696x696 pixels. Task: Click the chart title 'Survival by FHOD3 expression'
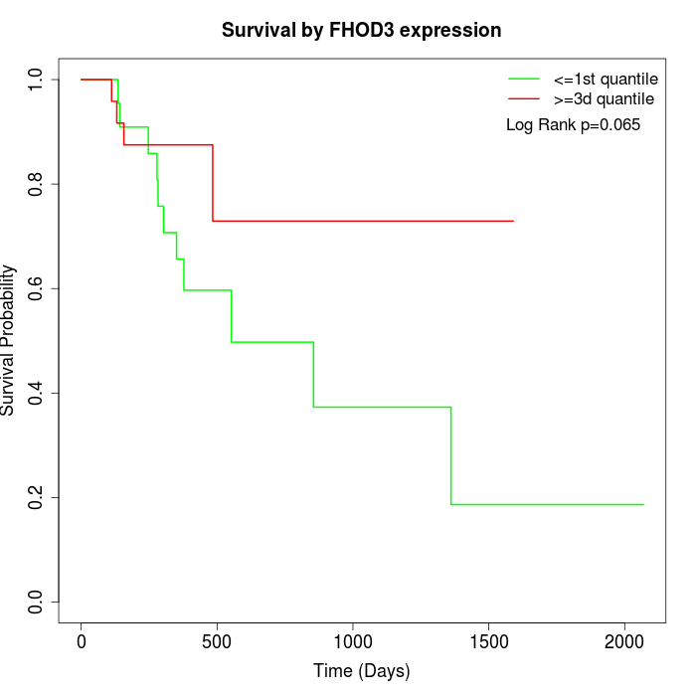tap(361, 31)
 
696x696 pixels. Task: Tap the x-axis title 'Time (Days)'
tap(361, 671)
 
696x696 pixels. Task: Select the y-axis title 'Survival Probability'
tap(9, 340)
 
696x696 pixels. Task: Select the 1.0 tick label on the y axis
tap(37, 80)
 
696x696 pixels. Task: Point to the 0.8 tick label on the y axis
tap(37, 184)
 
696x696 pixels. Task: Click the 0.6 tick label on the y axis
tap(37, 288)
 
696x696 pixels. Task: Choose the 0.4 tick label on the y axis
tap(37, 393)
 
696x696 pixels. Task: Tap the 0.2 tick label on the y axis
tap(37, 497)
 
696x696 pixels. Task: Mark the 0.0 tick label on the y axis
tap(37, 602)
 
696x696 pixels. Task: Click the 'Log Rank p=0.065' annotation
tap(573, 125)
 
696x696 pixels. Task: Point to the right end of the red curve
tap(513, 221)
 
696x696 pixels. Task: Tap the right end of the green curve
tap(643, 504)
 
